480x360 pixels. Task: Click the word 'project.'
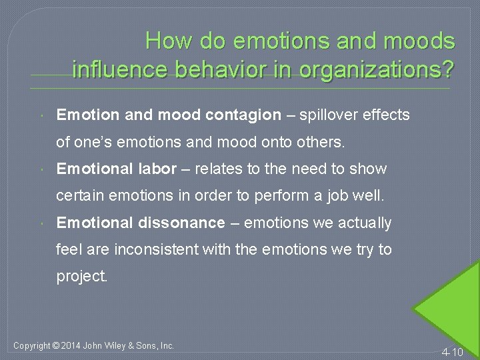[82, 276]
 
